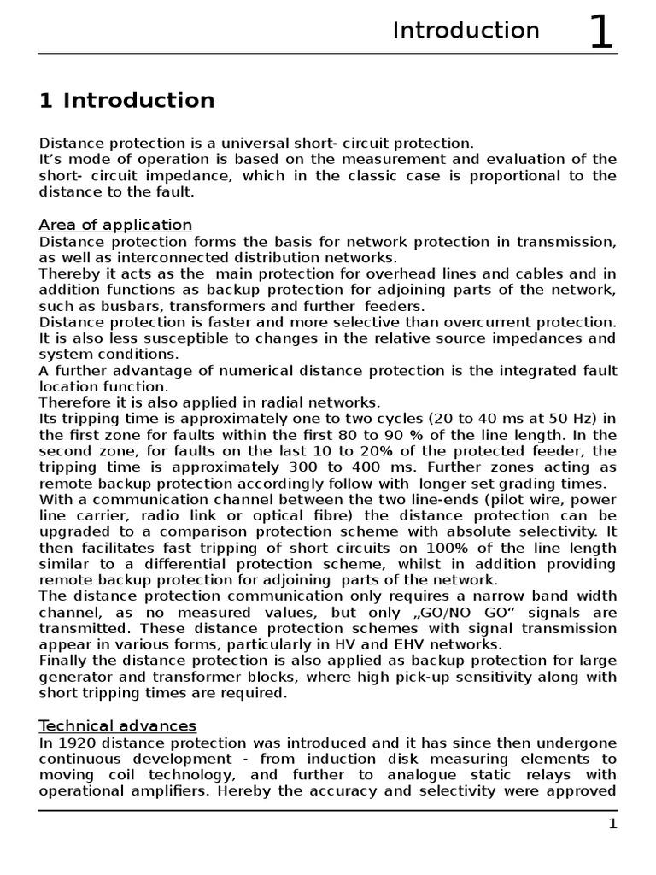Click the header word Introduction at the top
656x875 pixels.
(x=466, y=31)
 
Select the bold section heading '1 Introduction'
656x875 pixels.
(x=126, y=101)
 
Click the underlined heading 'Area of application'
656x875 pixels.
(x=115, y=225)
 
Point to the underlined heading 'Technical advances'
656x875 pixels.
(x=117, y=725)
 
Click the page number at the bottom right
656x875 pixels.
(x=612, y=823)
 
